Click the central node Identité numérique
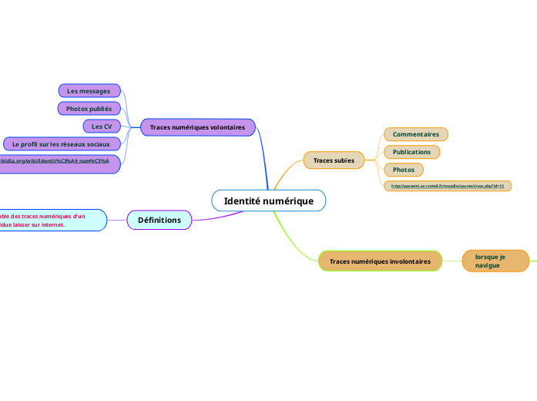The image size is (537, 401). tap(268, 201)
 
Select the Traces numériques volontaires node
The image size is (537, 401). tap(197, 127)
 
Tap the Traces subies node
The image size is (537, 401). tap(334, 160)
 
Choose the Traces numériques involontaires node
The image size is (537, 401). tap(380, 261)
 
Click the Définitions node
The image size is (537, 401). tap(159, 221)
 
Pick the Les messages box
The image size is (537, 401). tap(89, 91)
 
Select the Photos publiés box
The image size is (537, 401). tap(89, 109)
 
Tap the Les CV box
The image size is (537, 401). tap(102, 126)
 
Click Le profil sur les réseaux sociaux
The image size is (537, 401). tap(61, 144)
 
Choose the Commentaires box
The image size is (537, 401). tap(415, 134)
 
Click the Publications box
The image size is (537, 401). tap(411, 152)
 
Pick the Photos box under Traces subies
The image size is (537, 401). tap(403, 170)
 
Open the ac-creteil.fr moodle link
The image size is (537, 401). tap(447, 186)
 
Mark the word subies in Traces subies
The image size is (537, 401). tap(344, 160)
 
